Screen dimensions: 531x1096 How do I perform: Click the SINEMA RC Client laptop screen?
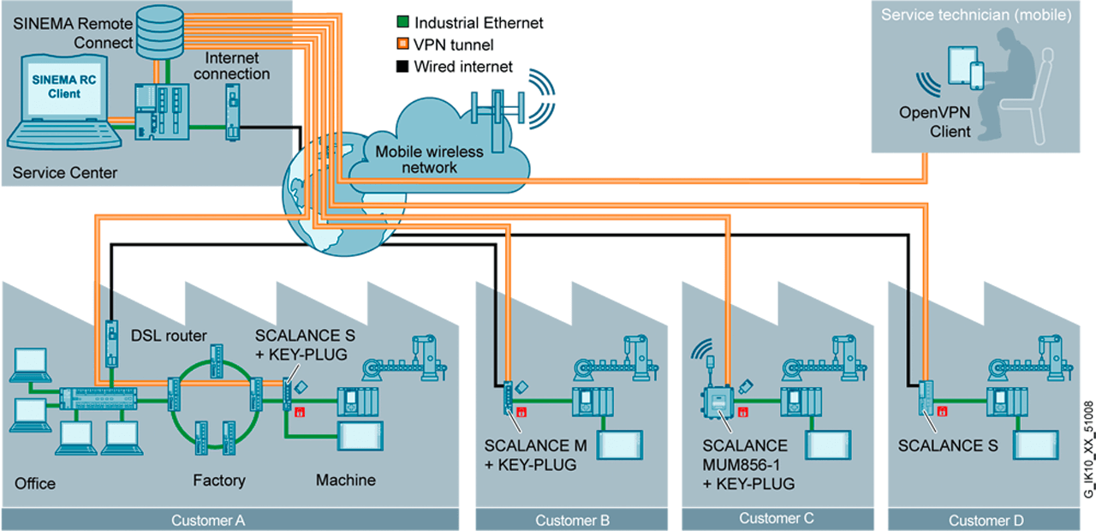coord(57,88)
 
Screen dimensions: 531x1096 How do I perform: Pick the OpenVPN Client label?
coord(935,122)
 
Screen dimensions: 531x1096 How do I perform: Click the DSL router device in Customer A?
coord(111,342)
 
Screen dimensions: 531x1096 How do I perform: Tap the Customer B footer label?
coord(572,520)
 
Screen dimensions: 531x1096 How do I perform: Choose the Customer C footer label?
coord(776,518)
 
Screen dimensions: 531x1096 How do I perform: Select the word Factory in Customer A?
coord(218,480)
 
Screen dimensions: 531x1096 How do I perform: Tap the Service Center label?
coord(65,173)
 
